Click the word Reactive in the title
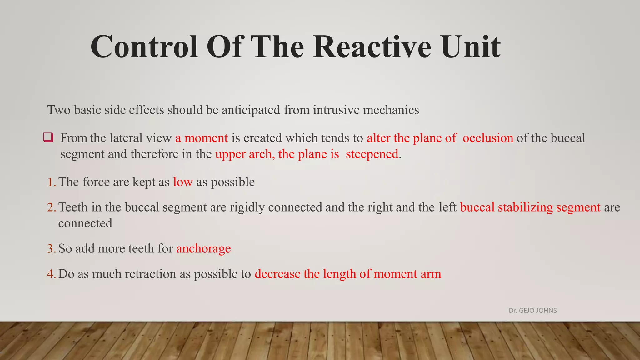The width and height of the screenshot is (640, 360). click(x=372, y=47)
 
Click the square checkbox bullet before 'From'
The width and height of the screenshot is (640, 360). click(x=48, y=137)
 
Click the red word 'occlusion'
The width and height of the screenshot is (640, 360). click(x=487, y=138)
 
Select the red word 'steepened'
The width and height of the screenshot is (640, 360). click(x=372, y=154)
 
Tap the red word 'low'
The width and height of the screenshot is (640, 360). click(x=183, y=182)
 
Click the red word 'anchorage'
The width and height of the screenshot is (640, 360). click(x=203, y=249)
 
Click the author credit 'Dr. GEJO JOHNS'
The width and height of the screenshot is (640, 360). click(x=533, y=311)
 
